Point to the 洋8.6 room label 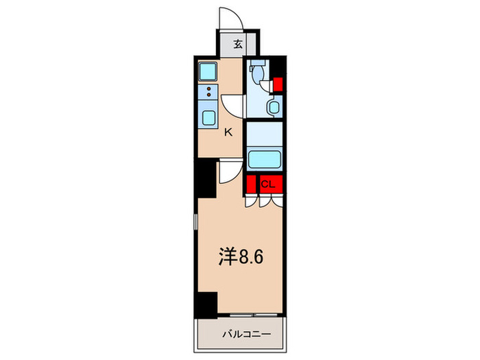[241, 257]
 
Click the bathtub [264, 160]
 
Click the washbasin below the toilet [274, 107]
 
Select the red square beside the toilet [278, 85]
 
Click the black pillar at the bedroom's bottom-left [206, 303]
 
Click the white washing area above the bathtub [264, 133]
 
